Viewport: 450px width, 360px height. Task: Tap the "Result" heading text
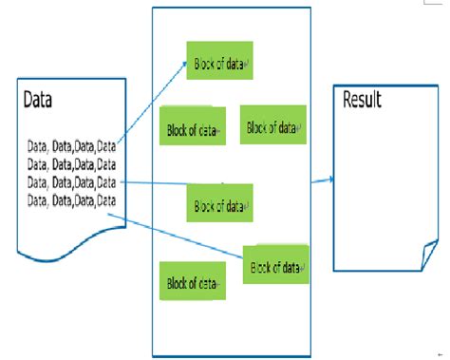click(361, 100)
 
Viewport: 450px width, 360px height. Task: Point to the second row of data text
click(72, 163)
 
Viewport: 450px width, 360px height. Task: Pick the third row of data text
click(72, 181)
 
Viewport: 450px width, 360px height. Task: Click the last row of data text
click(72, 199)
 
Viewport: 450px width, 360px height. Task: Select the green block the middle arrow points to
click(219, 204)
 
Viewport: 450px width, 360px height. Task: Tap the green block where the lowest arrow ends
click(276, 266)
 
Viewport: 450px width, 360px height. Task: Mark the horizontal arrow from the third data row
click(157, 182)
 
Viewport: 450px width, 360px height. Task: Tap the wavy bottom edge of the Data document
click(66, 249)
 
